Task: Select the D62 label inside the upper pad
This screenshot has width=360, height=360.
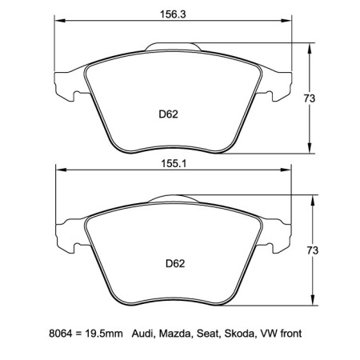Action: [167, 114]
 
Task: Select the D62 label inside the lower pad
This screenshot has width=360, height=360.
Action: [175, 263]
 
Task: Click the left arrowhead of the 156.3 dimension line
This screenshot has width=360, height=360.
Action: [58, 22]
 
